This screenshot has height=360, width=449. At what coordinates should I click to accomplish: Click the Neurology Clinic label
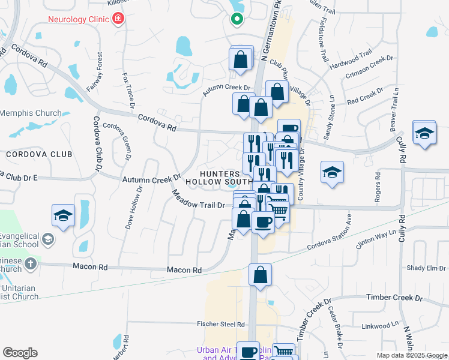[x=78, y=18]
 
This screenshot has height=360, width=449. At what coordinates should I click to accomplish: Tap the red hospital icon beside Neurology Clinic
[x=118, y=18]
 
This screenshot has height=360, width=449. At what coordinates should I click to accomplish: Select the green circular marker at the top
[x=237, y=19]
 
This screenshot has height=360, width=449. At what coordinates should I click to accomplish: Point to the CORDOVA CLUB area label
[x=39, y=154]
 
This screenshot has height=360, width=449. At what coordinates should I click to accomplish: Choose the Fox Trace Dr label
[x=129, y=93]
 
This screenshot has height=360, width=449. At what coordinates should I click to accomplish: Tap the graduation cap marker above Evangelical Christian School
[x=63, y=217]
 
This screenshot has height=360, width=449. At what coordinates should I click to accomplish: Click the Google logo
[x=20, y=353]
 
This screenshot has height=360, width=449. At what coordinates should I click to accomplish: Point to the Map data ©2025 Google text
[x=411, y=355]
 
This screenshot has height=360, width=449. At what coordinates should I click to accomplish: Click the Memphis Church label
[x=31, y=113]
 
